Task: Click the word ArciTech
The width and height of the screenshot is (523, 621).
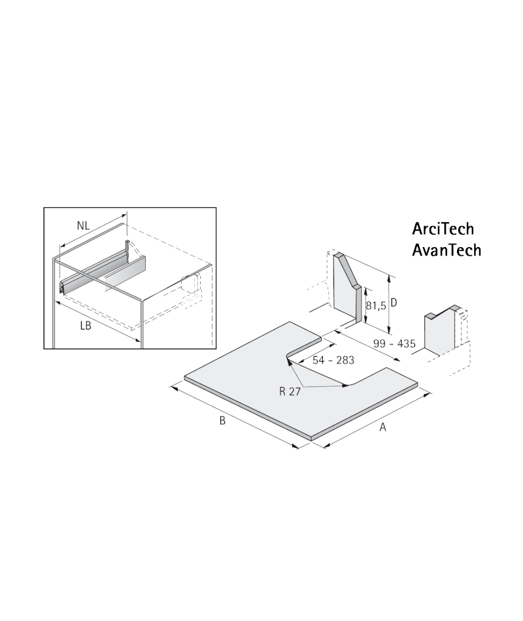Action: pyautogui.click(x=443, y=229)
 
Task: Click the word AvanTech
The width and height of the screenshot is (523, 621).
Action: pyautogui.click(x=447, y=250)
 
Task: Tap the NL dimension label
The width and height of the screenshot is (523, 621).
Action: pyautogui.click(x=83, y=226)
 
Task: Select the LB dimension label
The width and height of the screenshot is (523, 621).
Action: pyautogui.click(x=86, y=326)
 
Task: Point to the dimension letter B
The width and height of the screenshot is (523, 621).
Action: pyautogui.click(x=222, y=420)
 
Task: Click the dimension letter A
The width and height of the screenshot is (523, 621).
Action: pyautogui.click(x=382, y=428)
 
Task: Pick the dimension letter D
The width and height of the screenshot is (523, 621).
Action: pyautogui.click(x=394, y=303)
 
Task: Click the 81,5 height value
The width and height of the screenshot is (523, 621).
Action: pyautogui.click(x=376, y=306)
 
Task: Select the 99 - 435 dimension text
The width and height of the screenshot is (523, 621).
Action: pyautogui.click(x=394, y=343)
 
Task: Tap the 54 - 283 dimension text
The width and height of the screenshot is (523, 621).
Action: pyautogui.click(x=333, y=360)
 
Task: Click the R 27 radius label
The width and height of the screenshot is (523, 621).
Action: pyautogui.click(x=290, y=392)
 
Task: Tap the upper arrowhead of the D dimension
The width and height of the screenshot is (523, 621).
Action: pyautogui.click(x=390, y=278)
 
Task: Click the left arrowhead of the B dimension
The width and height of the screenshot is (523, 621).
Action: pyautogui.click(x=173, y=388)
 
